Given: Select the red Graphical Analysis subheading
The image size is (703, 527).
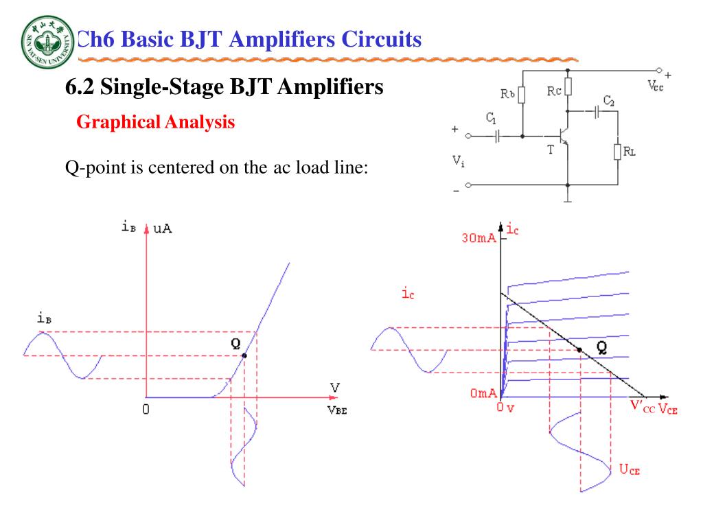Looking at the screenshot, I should click(155, 123).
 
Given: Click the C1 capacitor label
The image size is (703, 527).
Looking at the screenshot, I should click(490, 119).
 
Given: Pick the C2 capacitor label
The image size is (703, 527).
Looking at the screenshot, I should click(608, 102).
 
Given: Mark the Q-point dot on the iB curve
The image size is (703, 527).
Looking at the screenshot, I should click(244, 355).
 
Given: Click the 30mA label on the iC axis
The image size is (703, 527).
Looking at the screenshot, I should click(481, 239).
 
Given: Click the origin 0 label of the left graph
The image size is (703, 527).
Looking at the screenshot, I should click(146, 410).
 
